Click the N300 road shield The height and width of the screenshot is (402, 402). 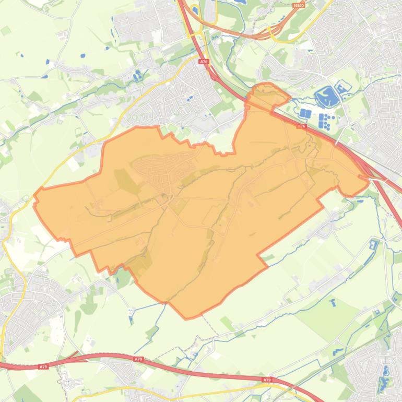pos(299,5)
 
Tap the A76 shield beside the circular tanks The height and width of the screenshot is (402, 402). pos(301,126)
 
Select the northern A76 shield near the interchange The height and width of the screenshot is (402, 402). pos(203,61)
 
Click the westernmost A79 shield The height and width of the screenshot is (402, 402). pos(43,367)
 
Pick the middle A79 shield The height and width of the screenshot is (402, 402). pos(138,359)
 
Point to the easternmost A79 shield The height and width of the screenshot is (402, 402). pos(267,380)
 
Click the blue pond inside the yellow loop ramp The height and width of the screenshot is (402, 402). pos(195,10)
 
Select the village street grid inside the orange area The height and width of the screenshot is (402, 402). pos(157,170)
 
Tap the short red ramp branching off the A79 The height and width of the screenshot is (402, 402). pos(72,357)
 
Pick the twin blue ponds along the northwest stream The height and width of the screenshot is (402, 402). pos(137,76)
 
